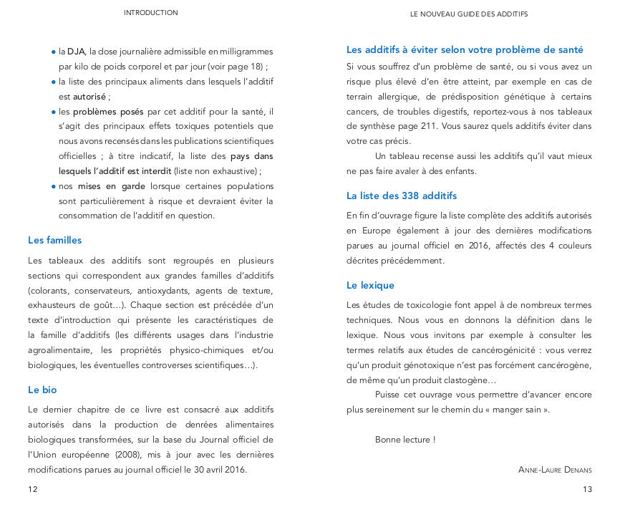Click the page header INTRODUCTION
[x=150, y=13]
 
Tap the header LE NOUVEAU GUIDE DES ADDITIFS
[x=469, y=14]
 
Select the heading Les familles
[x=54, y=241]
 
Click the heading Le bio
[x=42, y=390]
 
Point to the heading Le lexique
[x=370, y=286]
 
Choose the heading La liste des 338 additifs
[x=401, y=195]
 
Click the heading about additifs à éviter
[x=465, y=50]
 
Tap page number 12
[x=32, y=489]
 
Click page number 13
[x=588, y=489]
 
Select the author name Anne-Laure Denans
[x=556, y=470]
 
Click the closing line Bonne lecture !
[x=405, y=440]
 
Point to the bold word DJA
[x=76, y=52]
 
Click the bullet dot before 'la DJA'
[x=54, y=52]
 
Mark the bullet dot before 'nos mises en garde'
[x=54, y=186]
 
